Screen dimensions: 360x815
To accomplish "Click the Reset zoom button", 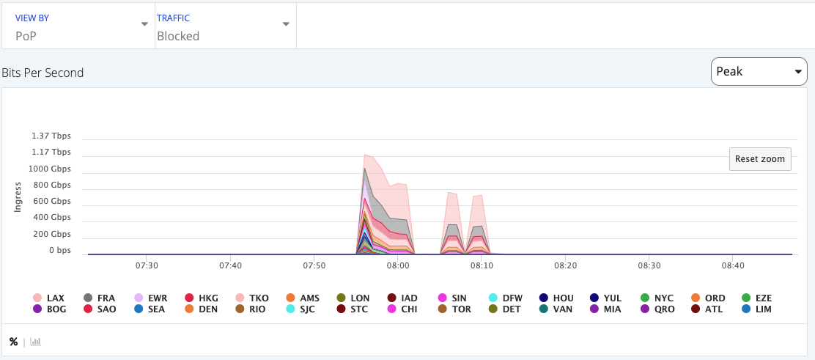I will point(760,159).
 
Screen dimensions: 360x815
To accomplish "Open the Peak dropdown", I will point(759,72).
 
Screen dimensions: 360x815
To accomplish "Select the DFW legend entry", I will point(505,298).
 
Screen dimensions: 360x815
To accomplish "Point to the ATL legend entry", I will point(707,309).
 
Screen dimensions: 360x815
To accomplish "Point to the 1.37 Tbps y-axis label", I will point(51,136).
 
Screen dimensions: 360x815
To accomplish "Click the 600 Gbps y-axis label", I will point(51,202).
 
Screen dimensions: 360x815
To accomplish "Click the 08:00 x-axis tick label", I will point(398,265).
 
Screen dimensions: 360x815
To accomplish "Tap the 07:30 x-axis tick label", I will point(147,265).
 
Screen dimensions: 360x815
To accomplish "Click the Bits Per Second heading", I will point(43,73).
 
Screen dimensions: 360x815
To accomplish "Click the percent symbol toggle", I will point(13,342).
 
